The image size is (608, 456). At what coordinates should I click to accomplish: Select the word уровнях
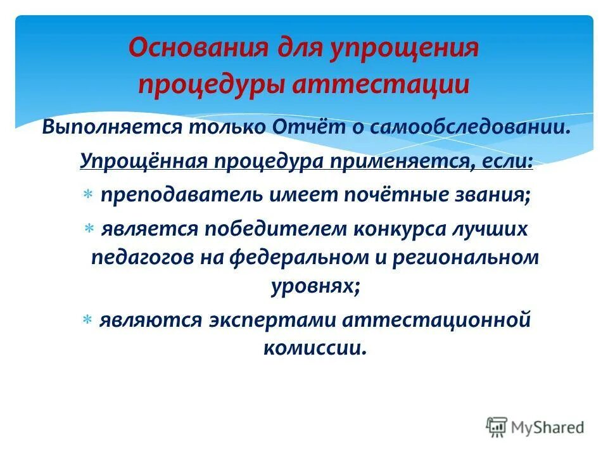pos(315,286)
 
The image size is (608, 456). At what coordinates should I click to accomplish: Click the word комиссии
pos(314,348)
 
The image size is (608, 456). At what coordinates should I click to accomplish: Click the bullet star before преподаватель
pos(87,196)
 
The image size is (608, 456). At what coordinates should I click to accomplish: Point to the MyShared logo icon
pos(497,426)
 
